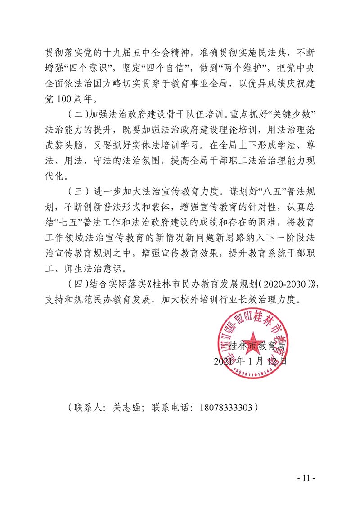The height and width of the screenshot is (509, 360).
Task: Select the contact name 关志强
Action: click(127, 408)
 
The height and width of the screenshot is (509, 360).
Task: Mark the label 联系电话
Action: click(169, 408)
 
